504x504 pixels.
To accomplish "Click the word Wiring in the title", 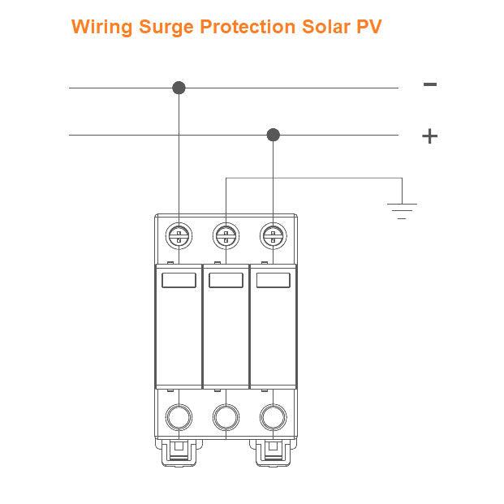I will (101, 27).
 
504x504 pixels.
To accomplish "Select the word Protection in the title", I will (243, 27).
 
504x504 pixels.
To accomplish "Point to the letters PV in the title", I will (368, 27).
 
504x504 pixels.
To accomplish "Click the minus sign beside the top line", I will (430, 84).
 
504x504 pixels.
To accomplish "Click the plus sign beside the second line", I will (429, 136).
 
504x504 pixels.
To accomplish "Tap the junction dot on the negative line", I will (179, 88).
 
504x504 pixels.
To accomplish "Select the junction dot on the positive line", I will (274, 135).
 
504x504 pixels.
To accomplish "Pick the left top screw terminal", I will (179, 236).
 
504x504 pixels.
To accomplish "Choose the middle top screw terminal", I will (226, 236).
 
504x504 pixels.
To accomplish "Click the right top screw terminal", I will (274, 236).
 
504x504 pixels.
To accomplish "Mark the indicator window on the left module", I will (179, 281).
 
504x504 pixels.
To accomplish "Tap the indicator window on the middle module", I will (226, 281).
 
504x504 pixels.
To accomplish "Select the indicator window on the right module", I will (274, 281).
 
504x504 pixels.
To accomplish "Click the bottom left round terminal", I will (179, 417).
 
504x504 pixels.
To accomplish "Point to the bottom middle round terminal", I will (226, 417).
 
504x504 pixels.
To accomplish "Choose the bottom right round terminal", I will (274, 417).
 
